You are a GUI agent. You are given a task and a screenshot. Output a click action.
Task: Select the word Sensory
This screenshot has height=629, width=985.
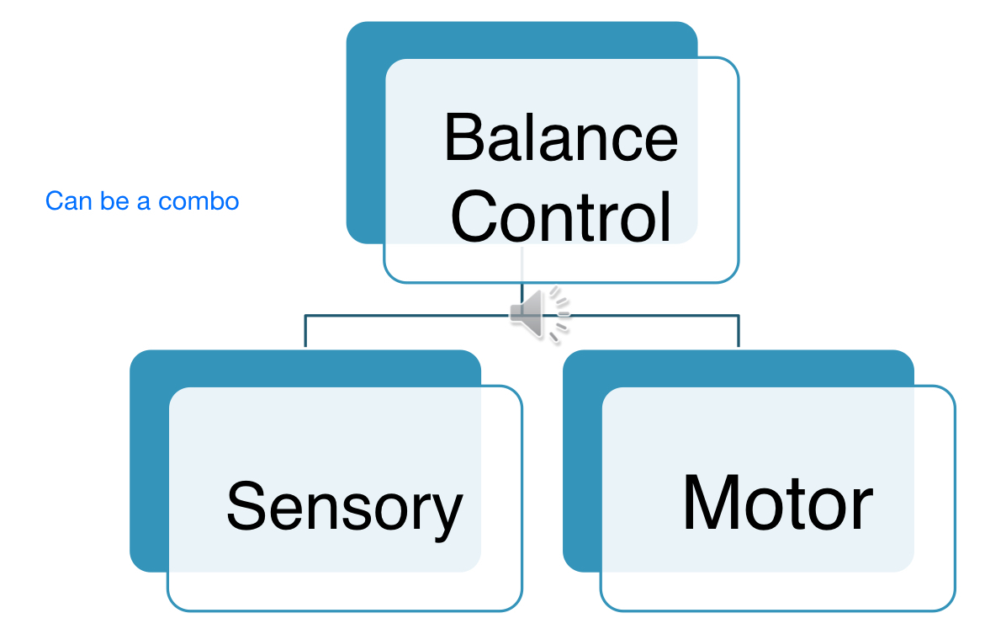[344, 507]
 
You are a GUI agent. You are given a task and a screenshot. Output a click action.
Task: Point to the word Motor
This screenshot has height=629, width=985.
[777, 503]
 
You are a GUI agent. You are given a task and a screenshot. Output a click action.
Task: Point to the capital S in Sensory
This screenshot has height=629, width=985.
[245, 505]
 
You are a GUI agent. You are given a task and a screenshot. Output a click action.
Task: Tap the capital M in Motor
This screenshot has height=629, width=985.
[714, 503]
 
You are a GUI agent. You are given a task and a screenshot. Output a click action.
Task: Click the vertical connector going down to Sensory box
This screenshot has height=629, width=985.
[305, 332]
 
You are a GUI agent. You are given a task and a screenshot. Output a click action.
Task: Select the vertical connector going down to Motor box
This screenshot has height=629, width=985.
[739, 332]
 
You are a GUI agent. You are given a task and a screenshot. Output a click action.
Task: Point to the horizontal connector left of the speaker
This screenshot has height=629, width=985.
[404, 316]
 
